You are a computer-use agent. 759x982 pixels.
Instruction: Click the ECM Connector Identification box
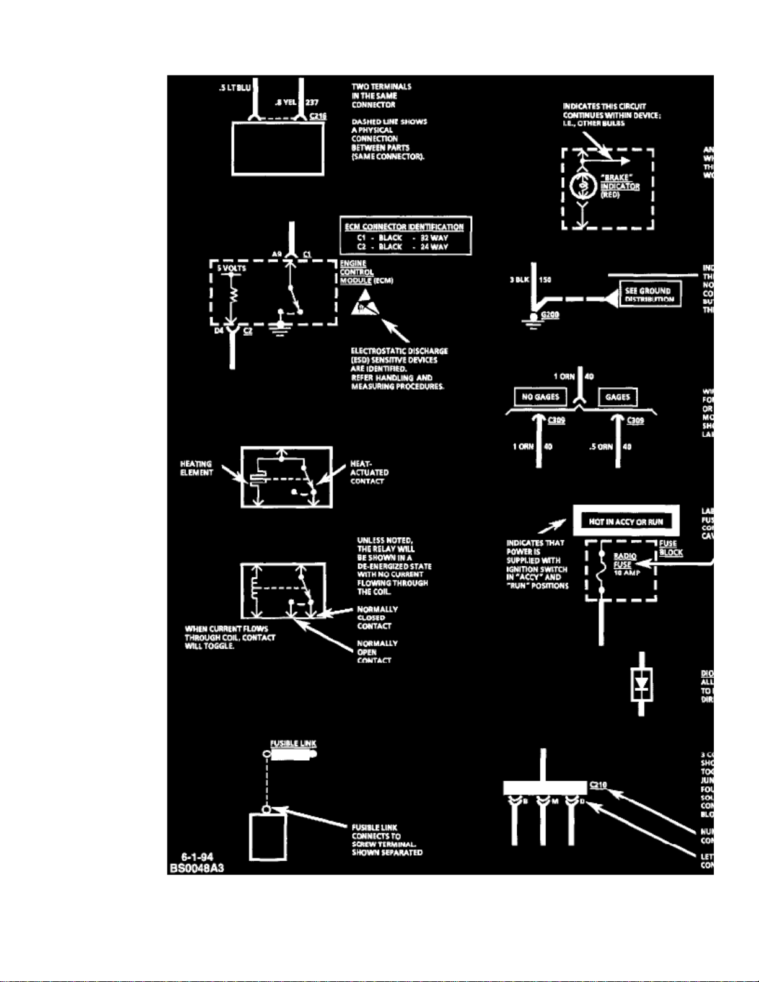pyautogui.click(x=405, y=235)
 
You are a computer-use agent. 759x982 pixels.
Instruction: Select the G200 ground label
pyautogui.click(x=550, y=315)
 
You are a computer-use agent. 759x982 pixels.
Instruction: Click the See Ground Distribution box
pyautogui.click(x=649, y=294)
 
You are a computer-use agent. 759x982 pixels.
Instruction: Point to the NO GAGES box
pyautogui.click(x=540, y=397)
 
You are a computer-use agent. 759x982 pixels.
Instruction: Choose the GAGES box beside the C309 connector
pyautogui.click(x=617, y=397)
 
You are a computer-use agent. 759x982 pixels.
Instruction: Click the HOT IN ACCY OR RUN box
pyautogui.click(x=626, y=521)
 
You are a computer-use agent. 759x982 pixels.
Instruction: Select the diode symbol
pyautogui.click(x=642, y=685)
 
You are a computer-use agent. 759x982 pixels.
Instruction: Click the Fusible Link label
pyautogui.click(x=293, y=743)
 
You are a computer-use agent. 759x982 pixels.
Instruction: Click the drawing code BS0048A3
pyautogui.click(x=196, y=867)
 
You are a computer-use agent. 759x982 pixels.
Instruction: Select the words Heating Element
pyautogui.click(x=196, y=468)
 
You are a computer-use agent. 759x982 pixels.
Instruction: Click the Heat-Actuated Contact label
pyautogui.click(x=369, y=472)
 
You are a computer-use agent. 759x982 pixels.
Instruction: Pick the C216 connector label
pyautogui.click(x=318, y=116)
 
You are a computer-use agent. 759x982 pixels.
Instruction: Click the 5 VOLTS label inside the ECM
pyautogui.click(x=231, y=268)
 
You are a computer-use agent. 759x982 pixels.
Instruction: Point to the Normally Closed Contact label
pyautogui.click(x=377, y=617)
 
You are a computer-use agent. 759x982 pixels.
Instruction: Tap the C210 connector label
pyautogui.click(x=598, y=785)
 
